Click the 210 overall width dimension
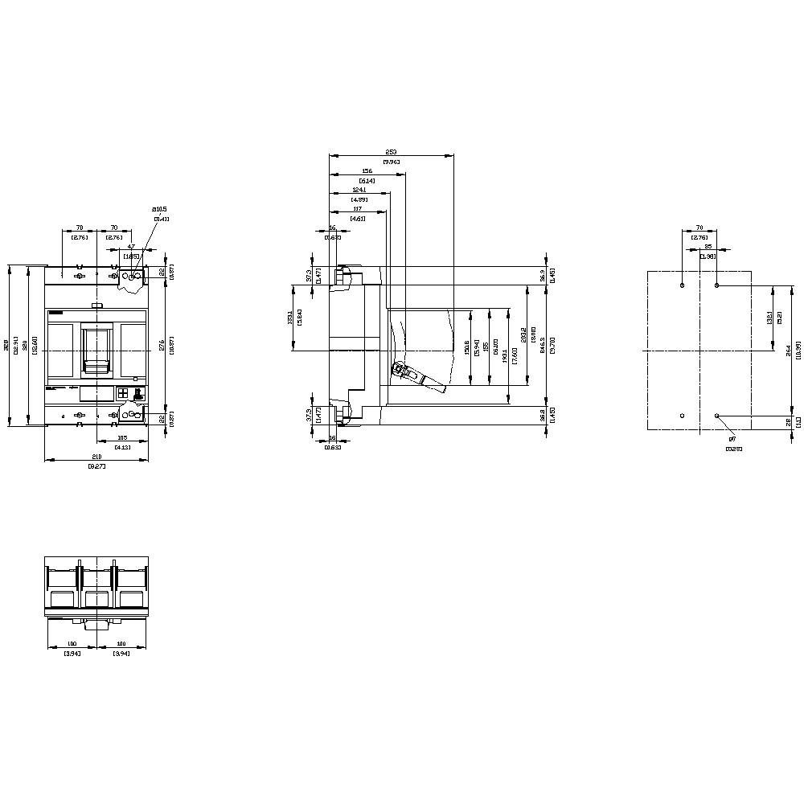[x=96, y=456]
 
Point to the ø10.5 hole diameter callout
[x=160, y=210]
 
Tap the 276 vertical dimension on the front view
[x=162, y=345]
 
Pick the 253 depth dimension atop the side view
[x=391, y=152]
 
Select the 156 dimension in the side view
[x=367, y=171]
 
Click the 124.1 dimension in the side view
[x=359, y=191]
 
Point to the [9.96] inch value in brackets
[x=391, y=162]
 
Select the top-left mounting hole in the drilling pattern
[x=682, y=285]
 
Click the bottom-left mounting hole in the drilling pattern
[x=682, y=415]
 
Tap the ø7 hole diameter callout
[x=732, y=439]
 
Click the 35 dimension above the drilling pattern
[x=708, y=247]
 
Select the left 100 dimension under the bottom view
[x=72, y=644]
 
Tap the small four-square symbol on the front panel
[x=122, y=393]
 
